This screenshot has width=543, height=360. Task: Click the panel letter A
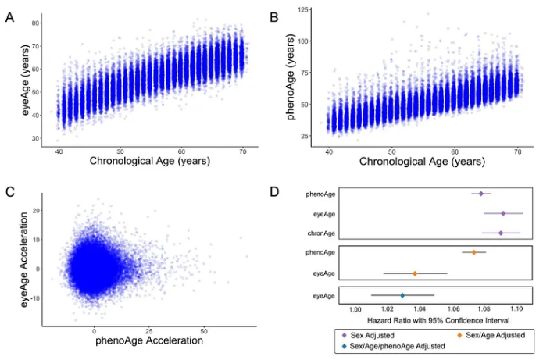click(x=10, y=16)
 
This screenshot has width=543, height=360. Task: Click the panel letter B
click(x=273, y=16)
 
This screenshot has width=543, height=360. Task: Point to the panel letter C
click(x=10, y=192)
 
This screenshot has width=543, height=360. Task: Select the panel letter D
click(x=273, y=192)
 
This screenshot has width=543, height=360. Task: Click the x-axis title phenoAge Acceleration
click(x=149, y=340)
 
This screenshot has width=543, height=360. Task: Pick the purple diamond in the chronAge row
click(x=501, y=233)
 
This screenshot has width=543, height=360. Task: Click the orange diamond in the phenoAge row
click(x=474, y=252)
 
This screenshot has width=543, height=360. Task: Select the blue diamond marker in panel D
click(x=402, y=295)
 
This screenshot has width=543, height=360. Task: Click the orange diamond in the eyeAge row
click(x=415, y=273)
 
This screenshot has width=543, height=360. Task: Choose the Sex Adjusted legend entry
click(x=368, y=334)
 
